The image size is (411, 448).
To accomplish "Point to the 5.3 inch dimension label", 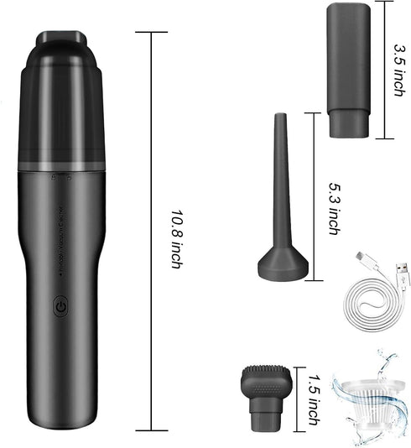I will coord(330,209).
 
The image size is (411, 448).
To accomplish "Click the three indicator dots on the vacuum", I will coord(63,177).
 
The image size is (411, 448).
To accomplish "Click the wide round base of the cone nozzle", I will coord(280,267).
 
